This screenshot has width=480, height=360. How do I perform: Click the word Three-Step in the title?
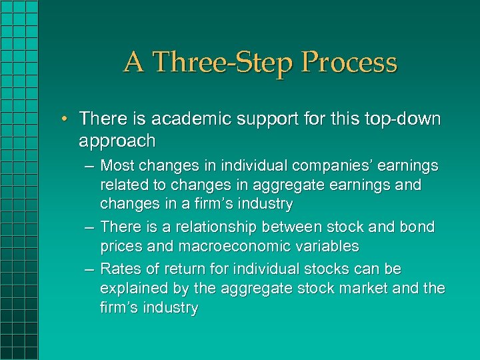[223, 63]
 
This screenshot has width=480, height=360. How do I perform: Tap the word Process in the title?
[349, 63]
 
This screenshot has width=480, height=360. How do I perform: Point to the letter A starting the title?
[133, 63]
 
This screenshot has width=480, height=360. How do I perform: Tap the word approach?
[117, 141]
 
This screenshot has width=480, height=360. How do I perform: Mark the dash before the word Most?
[89, 165]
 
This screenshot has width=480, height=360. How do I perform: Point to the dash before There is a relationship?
[89, 227]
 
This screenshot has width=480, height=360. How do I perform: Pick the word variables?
[326, 246]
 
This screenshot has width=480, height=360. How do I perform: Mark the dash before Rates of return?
[89, 269]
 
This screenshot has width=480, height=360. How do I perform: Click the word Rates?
[118, 269]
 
